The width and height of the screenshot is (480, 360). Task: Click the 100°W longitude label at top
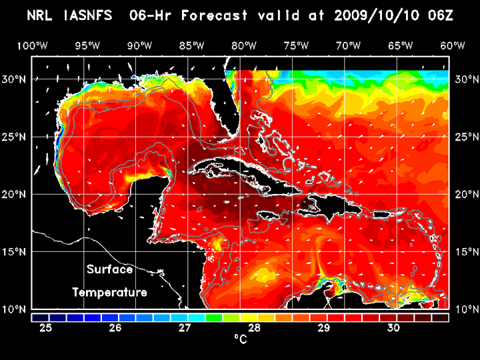(31, 45)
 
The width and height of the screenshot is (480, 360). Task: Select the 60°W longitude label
(453, 45)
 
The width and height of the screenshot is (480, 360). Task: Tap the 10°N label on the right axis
(464, 309)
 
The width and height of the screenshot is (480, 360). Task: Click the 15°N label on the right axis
(464, 252)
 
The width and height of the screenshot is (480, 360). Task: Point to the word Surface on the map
(109, 270)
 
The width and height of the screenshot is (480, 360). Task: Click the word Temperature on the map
(109, 293)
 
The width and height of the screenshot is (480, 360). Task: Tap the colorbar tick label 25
(46, 327)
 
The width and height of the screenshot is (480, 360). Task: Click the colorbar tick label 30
(393, 327)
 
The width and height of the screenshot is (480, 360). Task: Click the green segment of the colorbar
(214, 317)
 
